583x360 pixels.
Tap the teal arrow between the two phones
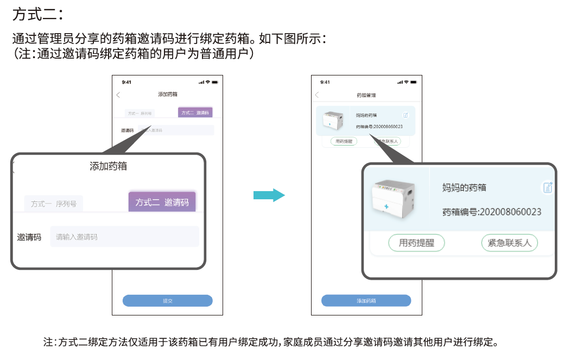click(x=269, y=195)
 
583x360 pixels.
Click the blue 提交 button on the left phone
click(x=167, y=301)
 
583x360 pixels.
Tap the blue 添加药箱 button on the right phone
click(x=366, y=301)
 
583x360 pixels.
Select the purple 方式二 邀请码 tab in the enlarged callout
click(x=162, y=202)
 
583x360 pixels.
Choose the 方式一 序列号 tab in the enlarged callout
click(x=53, y=204)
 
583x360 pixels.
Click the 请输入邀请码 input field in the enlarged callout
click(x=124, y=237)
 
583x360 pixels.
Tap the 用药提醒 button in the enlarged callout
click(x=416, y=243)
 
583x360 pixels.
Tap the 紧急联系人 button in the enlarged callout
click(x=509, y=243)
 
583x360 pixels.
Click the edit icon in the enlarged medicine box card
click(x=548, y=187)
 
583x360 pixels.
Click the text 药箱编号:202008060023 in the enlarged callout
click(x=492, y=212)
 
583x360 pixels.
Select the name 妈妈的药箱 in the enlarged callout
click(x=464, y=187)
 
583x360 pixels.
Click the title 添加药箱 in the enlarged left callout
click(x=108, y=166)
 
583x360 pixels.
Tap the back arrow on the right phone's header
click(x=317, y=95)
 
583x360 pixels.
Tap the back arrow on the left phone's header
click(x=118, y=95)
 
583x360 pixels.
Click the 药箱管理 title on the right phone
click(x=366, y=95)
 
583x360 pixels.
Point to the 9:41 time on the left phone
click(x=126, y=82)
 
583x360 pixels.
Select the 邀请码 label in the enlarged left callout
click(x=29, y=237)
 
